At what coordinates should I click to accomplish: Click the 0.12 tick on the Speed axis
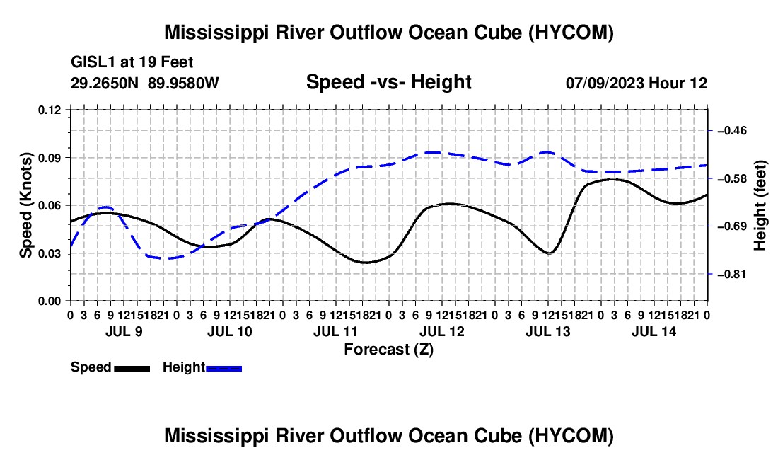tap(50, 110)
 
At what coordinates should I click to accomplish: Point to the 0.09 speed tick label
tap(50, 159)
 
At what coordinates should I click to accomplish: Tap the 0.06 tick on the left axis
tap(50, 206)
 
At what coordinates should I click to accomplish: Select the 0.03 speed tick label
tap(50, 253)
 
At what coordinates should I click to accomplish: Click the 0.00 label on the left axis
tap(50, 301)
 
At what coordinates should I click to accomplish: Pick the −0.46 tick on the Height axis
tap(732, 130)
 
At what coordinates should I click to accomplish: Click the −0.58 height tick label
tap(732, 178)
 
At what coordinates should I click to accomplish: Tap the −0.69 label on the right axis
tap(732, 226)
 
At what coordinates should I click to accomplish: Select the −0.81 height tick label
tap(732, 274)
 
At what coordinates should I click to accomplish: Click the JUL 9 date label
tap(124, 331)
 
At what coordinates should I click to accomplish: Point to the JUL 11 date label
tap(335, 331)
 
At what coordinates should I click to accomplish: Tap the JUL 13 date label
tap(547, 331)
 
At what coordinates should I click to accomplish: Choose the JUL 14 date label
tap(654, 331)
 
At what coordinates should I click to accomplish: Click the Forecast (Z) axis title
tap(389, 350)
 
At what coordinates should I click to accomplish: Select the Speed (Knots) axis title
tap(25, 205)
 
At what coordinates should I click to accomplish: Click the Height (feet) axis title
tap(760, 205)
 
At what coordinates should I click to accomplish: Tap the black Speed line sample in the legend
tap(132, 368)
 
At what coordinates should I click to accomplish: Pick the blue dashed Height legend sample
tap(223, 368)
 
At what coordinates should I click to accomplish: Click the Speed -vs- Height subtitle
tap(388, 82)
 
